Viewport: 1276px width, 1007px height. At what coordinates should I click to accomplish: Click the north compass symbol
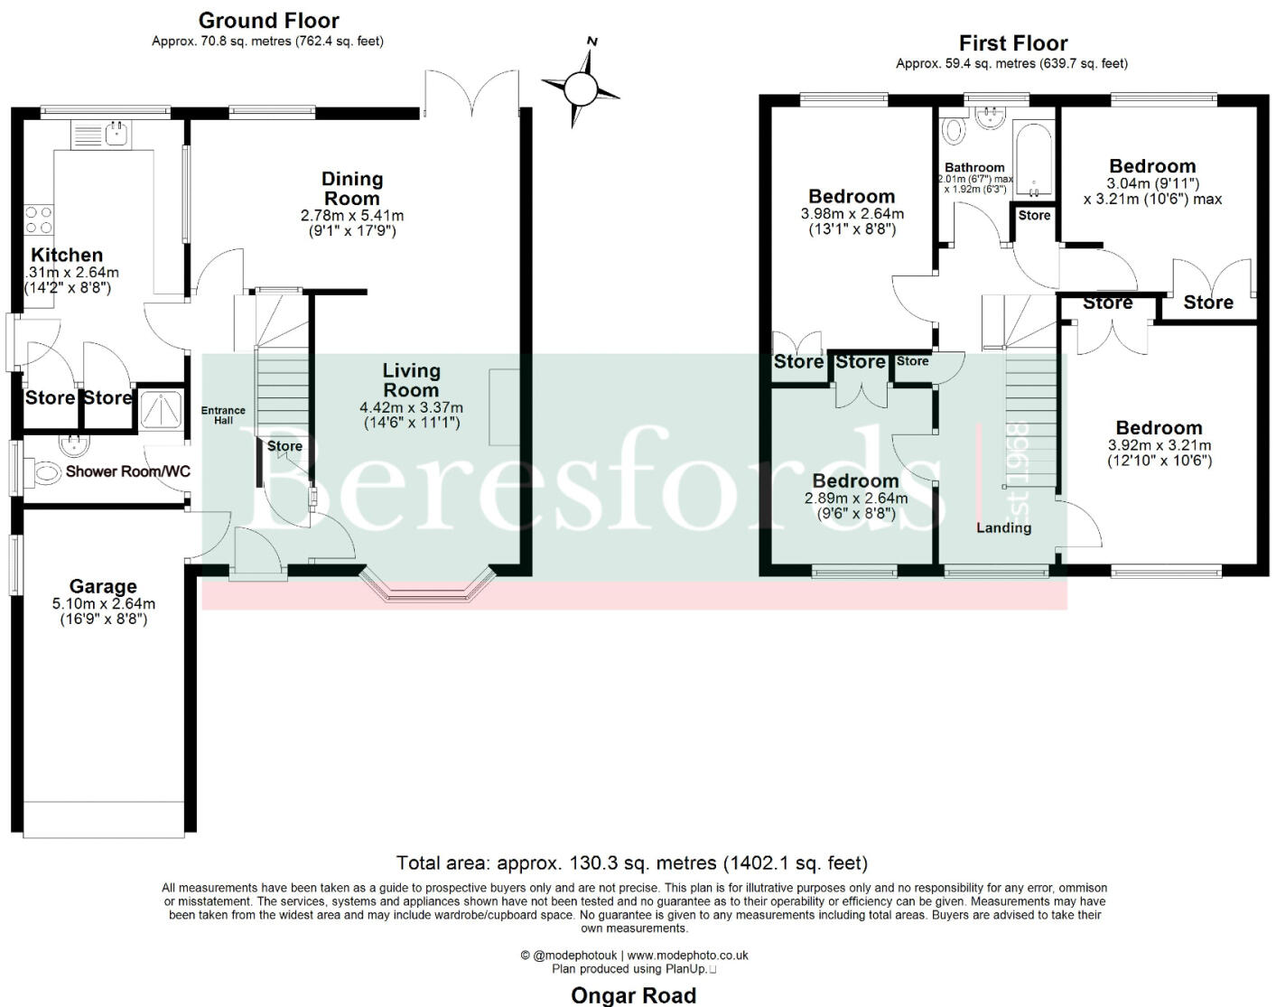point(581,88)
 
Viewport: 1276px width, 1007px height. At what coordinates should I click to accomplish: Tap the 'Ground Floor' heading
point(268,20)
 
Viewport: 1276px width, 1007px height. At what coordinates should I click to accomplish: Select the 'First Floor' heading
point(1012,42)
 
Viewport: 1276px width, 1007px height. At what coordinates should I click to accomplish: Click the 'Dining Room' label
point(352,189)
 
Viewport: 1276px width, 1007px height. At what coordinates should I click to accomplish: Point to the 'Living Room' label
point(411,380)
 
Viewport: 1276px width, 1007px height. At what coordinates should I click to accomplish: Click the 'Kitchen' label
point(67,256)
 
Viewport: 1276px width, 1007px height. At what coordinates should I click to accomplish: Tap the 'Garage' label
point(103,587)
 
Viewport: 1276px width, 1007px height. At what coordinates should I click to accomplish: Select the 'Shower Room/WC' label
point(127,471)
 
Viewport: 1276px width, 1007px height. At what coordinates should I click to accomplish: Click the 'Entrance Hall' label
point(223,415)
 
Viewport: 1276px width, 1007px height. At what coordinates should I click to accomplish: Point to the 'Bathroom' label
point(974,167)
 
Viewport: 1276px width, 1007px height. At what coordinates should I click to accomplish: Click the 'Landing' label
point(1003,527)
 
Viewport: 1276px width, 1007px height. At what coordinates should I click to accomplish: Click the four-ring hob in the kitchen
point(38,221)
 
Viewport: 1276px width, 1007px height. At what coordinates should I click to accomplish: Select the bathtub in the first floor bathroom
point(1033,158)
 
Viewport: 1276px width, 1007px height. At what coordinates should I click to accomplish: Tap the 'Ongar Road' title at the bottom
point(633,995)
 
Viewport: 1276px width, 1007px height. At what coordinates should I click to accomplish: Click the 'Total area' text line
point(632,863)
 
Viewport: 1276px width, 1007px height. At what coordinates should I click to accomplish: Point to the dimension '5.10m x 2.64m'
point(103,604)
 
